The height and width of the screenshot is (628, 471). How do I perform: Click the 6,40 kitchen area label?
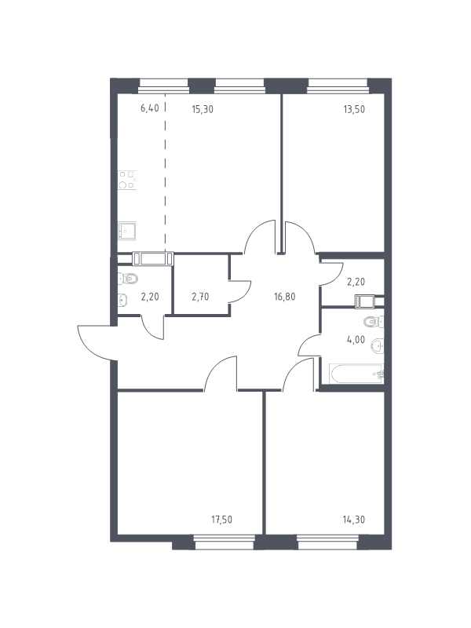point(149,108)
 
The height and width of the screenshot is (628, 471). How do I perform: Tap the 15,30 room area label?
point(203,109)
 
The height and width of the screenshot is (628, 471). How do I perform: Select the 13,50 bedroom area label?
point(354,109)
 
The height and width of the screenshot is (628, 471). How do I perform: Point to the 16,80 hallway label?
point(285,297)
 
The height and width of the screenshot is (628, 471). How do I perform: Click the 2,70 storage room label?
point(200,297)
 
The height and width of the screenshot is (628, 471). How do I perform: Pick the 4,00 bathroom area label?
point(356,340)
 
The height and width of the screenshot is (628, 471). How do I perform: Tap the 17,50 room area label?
point(221,520)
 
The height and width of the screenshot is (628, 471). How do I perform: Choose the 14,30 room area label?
point(354,520)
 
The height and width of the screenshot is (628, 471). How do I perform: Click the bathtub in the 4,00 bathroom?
point(356,374)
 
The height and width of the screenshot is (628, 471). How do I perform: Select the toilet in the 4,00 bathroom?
point(374,321)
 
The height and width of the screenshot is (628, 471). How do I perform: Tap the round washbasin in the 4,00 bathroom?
point(378,346)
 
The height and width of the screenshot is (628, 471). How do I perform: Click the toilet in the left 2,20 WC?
point(128,278)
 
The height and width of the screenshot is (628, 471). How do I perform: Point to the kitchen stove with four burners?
point(127,180)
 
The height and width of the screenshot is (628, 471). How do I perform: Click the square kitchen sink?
point(127,232)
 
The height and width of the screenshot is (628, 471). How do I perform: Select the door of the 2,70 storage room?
point(239,291)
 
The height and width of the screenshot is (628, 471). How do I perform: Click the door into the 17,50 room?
point(220,372)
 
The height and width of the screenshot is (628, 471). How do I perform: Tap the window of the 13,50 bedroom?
point(338,83)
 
